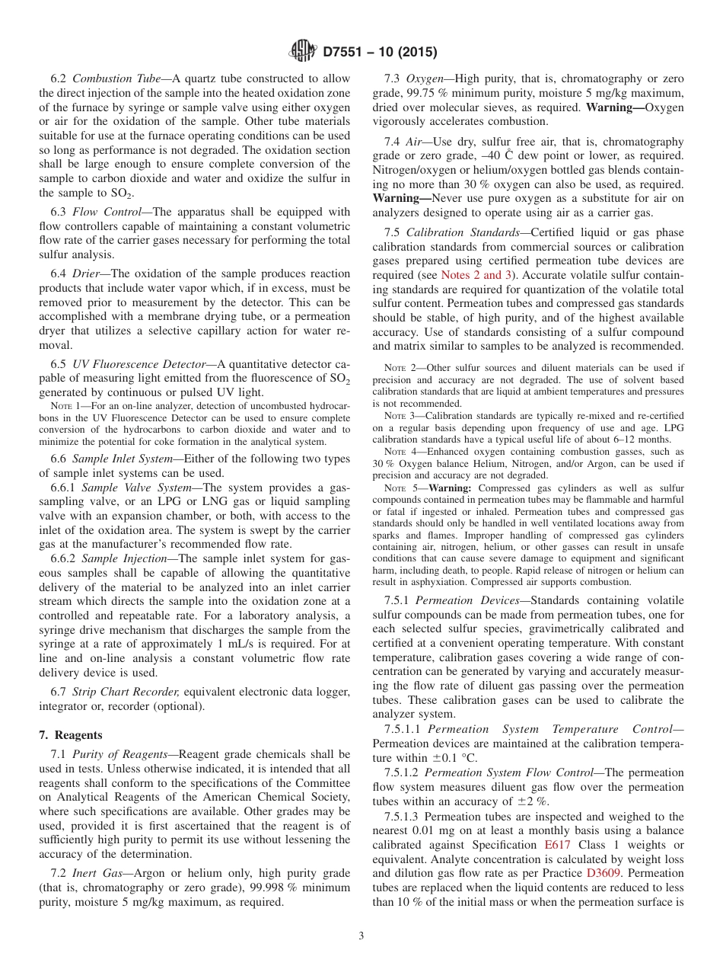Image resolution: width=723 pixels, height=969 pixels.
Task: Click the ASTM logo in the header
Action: tap(304, 52)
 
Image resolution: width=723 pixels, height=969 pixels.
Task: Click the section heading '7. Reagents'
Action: tap(71, 735)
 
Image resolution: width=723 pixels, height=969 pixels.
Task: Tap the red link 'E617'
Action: tap(558, 845)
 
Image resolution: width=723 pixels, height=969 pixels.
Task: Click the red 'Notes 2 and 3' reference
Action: tap(477, 275)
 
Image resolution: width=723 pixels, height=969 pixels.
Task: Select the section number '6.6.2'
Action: tap(64, 558)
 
